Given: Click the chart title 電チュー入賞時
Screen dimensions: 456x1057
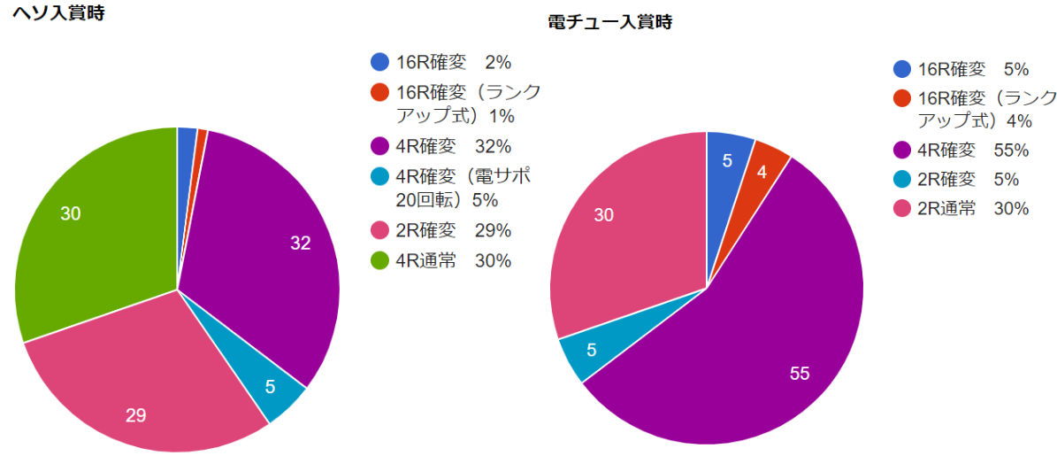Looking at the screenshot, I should [x=609, y=22].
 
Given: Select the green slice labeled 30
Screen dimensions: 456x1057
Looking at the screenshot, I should [x=88, y=221].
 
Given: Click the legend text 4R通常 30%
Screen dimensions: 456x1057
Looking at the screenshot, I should [x=453, y=260].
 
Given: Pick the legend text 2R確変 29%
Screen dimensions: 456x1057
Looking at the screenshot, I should [x=453, y=230].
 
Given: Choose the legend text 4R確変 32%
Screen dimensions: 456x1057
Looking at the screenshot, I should [x=453, y=146].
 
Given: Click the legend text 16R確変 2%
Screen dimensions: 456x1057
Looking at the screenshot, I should [x=453, y=62].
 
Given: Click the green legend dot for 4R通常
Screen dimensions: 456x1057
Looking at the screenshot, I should [x=379, y=260].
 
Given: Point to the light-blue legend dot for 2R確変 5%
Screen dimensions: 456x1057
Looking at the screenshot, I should [x=902, y=180].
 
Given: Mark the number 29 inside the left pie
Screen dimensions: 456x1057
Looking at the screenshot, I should [x=135, y=414].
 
